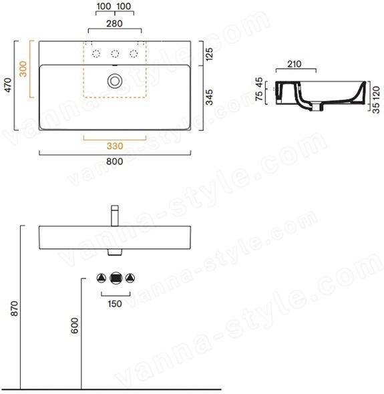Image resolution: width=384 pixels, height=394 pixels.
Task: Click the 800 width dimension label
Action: (115, 162)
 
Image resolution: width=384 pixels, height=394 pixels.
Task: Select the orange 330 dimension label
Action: (115, 146)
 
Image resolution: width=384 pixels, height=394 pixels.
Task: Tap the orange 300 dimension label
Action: (23, 69)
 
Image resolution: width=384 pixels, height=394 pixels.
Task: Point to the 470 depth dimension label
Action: (8, 85)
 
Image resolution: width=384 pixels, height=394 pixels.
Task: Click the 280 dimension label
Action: (115, 23)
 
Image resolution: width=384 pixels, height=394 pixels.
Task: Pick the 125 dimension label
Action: (209, 53)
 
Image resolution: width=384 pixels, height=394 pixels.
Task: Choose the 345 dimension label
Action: (209, 97)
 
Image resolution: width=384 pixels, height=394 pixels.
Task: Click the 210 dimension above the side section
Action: (295, 64)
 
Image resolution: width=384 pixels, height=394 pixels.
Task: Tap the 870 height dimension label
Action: (15, 309)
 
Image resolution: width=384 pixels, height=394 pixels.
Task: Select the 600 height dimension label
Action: (75, 325)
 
